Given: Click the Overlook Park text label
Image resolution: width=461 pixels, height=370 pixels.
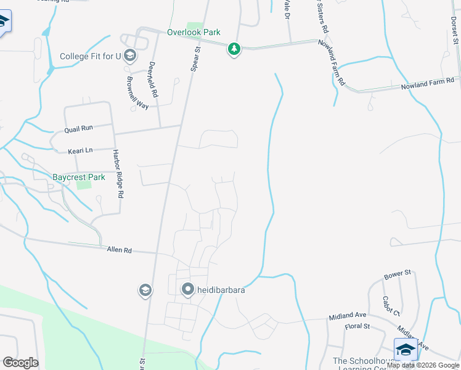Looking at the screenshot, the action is coord(193,33).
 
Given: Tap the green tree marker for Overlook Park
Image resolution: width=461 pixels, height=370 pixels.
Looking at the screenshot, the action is coord(234,49).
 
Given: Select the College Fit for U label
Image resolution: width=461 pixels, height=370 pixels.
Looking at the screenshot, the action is coord(91,57).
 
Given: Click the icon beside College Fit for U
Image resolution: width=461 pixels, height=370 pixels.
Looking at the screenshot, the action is coord(129,57).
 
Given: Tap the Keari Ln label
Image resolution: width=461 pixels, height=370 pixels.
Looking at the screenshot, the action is coord(80,150).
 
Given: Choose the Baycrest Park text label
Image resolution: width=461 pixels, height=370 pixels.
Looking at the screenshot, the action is coord(78,177).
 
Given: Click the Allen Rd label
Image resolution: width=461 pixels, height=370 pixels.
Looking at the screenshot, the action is coord(119,250).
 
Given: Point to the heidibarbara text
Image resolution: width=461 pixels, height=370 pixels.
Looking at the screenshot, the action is coord(221,289).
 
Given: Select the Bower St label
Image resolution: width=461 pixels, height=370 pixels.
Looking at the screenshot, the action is coord(397,273).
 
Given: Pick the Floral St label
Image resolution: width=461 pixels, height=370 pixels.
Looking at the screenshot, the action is coord(357,326).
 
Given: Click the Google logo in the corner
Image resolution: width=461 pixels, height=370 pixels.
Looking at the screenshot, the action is coord(20,363).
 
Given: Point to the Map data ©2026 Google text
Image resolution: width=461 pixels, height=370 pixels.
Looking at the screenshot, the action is coord(423,365).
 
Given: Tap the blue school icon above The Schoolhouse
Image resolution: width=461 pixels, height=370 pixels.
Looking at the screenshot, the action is coord(406,349).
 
